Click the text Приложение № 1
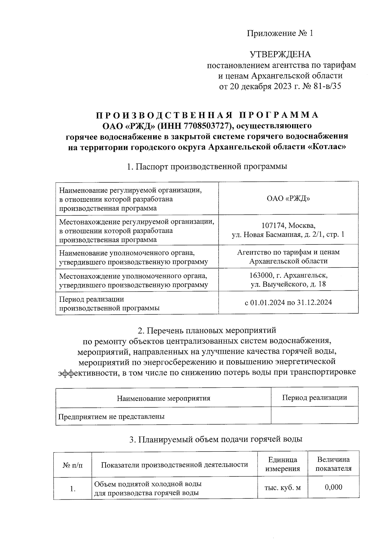[x=280, y=33]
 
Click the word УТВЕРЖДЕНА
[x=280, y=54]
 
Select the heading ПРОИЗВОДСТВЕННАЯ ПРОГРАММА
[x=207, y=115]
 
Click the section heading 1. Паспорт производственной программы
[x=207, y=167]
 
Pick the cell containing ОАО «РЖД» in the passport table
[x=288, y=199]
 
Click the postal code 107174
[x=272, y=226]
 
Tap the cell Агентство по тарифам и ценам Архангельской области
[x=288, y=256]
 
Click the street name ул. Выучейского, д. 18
[x=288, y=284]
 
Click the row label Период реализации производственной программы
[x=109, y=303]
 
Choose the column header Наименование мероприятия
[x=163, y=398]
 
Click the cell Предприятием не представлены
[x=111, y=417]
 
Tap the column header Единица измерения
[x=282, y=464]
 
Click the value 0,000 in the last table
[x=334, y=487]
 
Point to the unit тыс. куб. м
[x=282, y=488]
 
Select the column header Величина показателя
[x=333, y=464]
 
